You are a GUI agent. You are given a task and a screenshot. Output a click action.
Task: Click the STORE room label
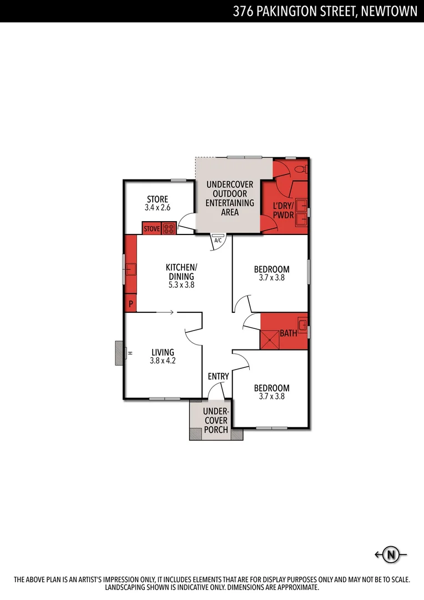coord(157,199)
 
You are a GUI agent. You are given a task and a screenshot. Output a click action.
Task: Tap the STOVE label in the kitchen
coord(152,228)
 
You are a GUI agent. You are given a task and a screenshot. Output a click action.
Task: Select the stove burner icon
coord(169,228)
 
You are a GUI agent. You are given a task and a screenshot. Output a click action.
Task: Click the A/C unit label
coord(218,240)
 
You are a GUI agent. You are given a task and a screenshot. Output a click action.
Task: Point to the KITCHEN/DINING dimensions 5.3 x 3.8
coord(181,285)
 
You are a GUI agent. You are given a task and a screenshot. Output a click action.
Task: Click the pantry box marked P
coord(131,304)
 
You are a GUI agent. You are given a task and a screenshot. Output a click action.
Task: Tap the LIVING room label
coord(162,352)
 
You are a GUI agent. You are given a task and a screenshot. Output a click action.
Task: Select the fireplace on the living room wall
coord(118,353)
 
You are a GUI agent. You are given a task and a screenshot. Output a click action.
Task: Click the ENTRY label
coord(218,377)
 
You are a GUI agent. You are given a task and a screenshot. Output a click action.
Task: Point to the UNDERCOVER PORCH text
coord(215,421)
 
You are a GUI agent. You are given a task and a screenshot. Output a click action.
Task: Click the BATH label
coord(288,333)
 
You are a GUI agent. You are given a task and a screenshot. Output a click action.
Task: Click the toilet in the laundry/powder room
coord(300,168)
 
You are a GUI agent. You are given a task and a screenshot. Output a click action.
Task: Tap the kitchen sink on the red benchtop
coord(131,270)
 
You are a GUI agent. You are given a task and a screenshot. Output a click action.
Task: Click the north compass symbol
coord(392,554)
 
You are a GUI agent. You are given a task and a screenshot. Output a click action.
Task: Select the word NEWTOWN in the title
coord(389,11)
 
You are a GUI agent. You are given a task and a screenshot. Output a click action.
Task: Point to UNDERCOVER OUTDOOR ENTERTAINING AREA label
coord(230,198)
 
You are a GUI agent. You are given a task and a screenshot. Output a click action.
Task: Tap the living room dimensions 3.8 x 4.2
coord(162,361)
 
